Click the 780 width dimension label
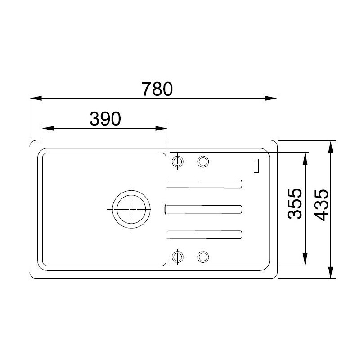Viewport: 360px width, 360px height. coord(157,89)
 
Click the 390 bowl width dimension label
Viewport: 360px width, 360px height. coord(105,119)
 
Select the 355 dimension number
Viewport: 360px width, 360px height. coord(295,204)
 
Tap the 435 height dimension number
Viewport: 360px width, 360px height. coord(321,205)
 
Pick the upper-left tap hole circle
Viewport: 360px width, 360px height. coord(178,162)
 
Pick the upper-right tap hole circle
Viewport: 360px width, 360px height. coord(203,162)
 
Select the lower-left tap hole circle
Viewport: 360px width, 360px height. coord(178,256)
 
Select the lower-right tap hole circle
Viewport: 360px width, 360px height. coord(203,256)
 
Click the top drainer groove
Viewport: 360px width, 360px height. coord(204,184)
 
